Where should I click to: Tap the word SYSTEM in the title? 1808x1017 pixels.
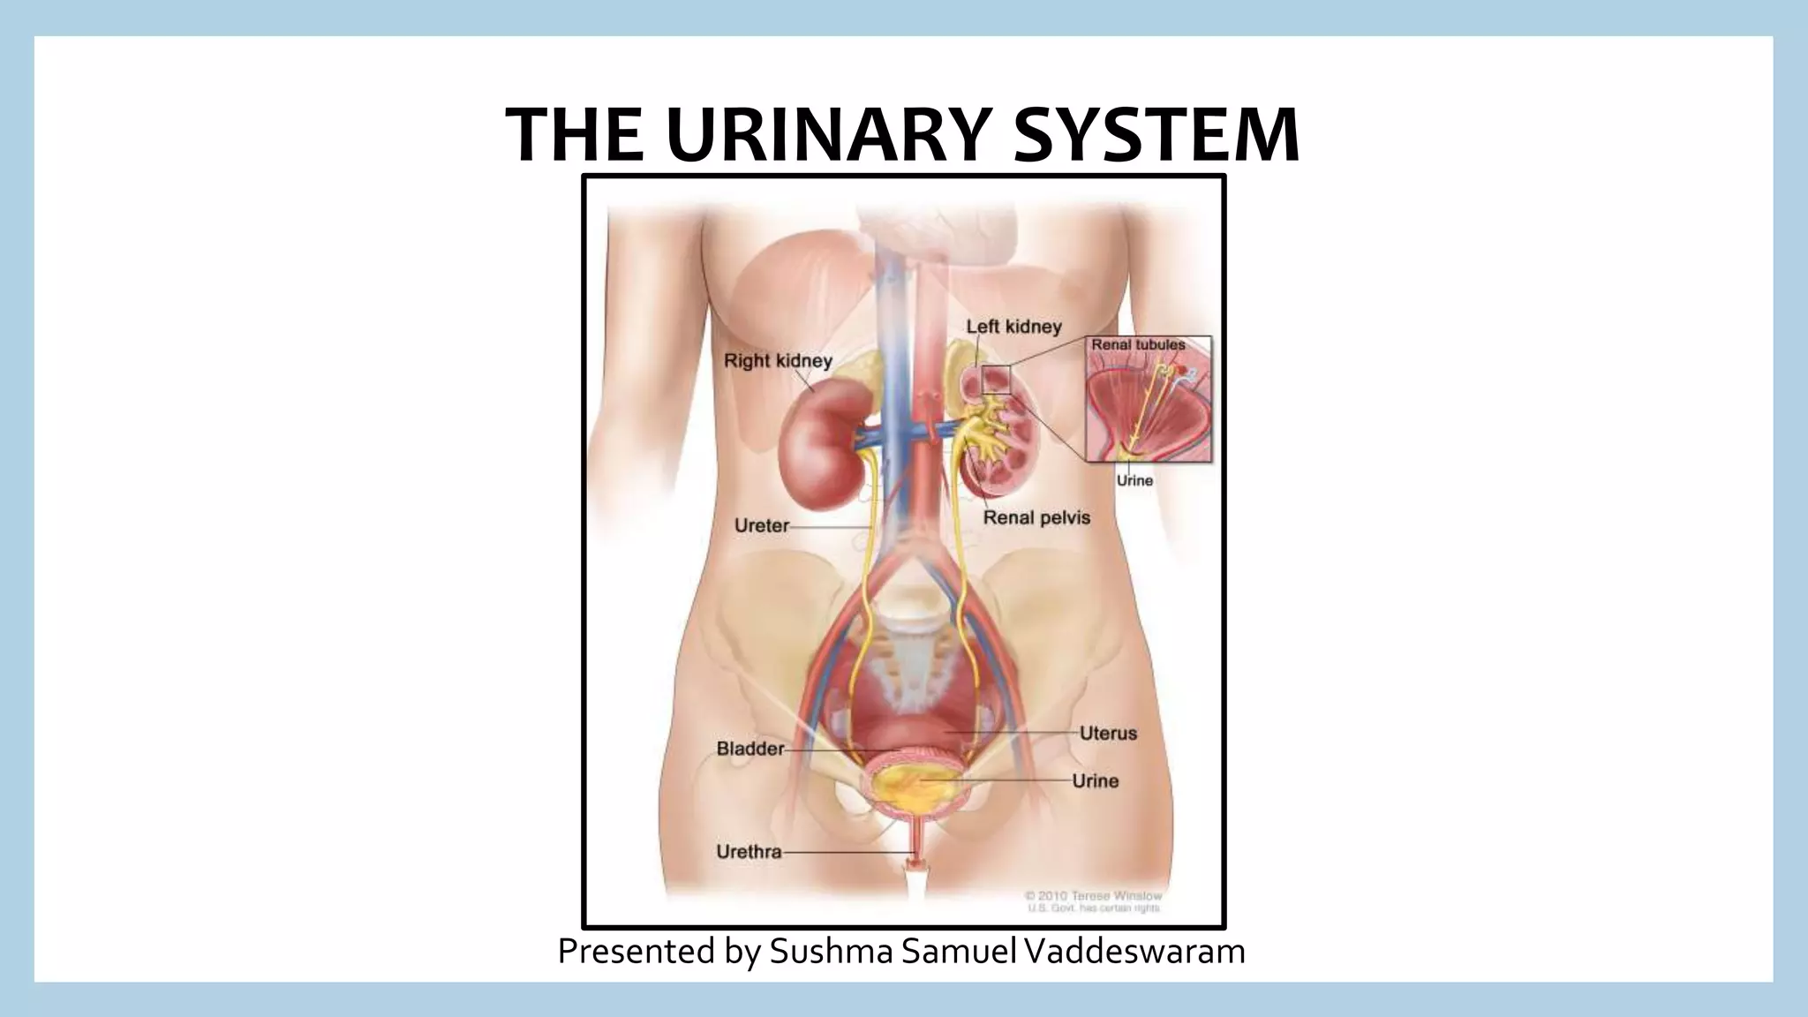(x=1156, y=134)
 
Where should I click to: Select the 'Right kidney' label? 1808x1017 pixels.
(x=778, y=360)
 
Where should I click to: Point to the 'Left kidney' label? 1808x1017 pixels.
(x=1013, y=327)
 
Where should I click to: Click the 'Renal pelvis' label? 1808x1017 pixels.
(x=1036, y=517)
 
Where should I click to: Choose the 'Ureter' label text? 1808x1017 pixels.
(x=761, y=525)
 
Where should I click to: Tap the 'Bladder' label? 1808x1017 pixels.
(x=750, y=749)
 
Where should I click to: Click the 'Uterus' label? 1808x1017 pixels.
(x=1108, y=733)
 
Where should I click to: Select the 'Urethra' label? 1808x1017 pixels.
(x=749, y=852)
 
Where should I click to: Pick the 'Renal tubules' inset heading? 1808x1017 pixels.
(x=1138, y=344)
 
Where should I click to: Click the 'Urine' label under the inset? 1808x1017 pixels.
(x=1134, y=480)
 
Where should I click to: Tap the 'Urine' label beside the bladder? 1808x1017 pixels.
(x=1095, y=780)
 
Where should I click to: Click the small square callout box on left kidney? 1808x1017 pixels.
(x=996, y=379)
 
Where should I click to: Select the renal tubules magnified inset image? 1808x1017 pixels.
(x=1148, y=406)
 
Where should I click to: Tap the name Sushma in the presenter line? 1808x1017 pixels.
(x=831, y=951)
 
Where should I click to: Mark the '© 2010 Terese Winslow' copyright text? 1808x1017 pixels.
(x=1093, y=895)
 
